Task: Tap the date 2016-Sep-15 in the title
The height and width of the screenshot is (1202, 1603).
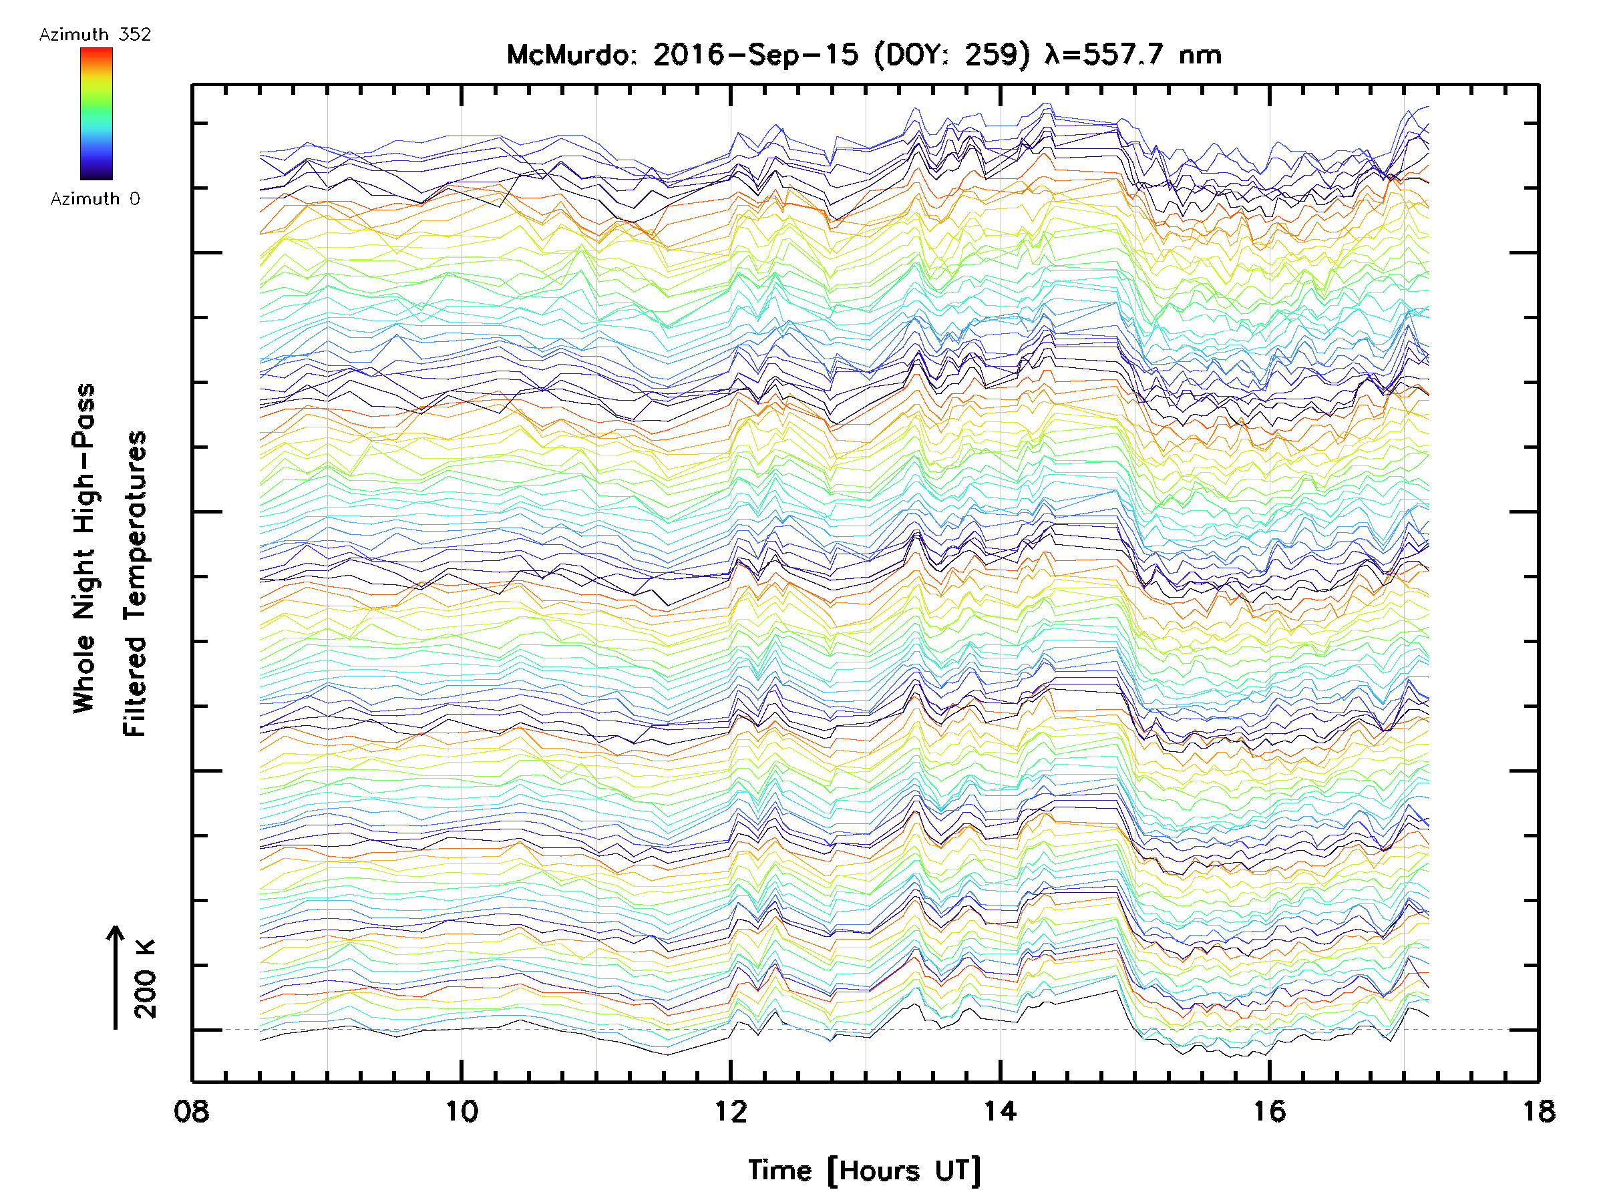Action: click(x=755, y=55)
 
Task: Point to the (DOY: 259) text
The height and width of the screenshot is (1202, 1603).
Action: click(x=952, y=55)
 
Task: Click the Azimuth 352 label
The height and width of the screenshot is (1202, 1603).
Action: click(x=95, y=35)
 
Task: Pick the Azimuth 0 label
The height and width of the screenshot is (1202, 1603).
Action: click(x=95, y=198)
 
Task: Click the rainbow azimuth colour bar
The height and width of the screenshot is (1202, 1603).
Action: click(x=96, y=114)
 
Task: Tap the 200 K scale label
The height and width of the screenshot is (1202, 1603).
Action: click(x=146, y=979)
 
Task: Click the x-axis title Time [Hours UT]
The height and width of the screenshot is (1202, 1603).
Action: click(x=864, y=1171)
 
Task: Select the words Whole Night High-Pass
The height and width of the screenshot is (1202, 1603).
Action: click(x=84, y=548)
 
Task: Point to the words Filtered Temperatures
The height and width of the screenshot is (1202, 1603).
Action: click(x=135, y=584)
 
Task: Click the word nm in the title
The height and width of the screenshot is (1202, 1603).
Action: click(x=1200, y=55)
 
